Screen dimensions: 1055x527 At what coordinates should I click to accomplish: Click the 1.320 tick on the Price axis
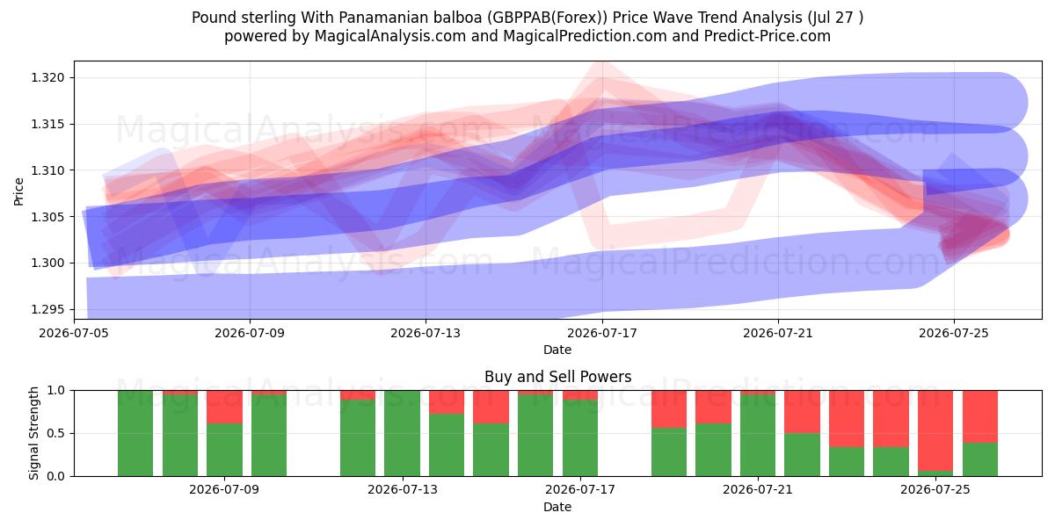[47, 77]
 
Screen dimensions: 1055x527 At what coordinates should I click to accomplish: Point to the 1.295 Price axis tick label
[47, 309]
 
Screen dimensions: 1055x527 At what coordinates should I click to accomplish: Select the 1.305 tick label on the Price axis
[47, 217]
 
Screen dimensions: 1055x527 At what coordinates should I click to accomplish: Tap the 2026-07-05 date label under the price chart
[74, 333]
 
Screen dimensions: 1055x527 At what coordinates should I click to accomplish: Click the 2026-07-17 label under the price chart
[602, 333]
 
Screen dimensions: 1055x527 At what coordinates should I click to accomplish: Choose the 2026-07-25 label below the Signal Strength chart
[935, 490]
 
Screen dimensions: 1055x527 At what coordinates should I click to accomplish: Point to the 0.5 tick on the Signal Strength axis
[56, 433]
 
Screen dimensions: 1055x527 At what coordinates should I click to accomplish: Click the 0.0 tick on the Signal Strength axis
[56, 476]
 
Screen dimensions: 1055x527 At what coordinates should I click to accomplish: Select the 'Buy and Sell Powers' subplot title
[557, 377]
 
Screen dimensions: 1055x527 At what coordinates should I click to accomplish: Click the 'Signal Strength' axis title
[33, 433]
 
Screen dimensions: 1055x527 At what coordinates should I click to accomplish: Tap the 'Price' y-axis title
[18, 191]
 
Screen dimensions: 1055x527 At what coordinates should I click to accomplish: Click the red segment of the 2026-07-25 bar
[935, 430]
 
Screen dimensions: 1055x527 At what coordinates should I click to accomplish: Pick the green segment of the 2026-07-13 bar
[403, 433]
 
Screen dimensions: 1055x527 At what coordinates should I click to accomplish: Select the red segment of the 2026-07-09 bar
[224, 407]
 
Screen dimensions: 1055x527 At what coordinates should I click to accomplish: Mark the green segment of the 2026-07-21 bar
[757, 436]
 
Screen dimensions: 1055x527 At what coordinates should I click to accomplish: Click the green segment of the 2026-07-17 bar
[579, 437]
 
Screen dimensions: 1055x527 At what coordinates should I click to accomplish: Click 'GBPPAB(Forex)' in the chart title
[547, 18]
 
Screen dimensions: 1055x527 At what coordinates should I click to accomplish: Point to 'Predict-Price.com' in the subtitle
[768, 36]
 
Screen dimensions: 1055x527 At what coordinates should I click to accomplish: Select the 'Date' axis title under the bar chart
[557, 507]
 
